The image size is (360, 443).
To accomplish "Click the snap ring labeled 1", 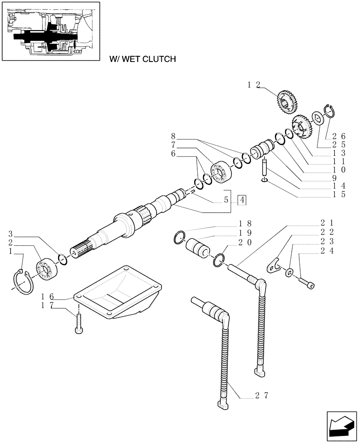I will point(21,281).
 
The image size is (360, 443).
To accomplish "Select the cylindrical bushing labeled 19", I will point(198,247).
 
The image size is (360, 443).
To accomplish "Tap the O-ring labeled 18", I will point(179,237).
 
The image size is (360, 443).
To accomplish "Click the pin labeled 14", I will point(265,169).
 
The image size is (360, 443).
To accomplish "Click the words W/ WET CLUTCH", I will point(139,58).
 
